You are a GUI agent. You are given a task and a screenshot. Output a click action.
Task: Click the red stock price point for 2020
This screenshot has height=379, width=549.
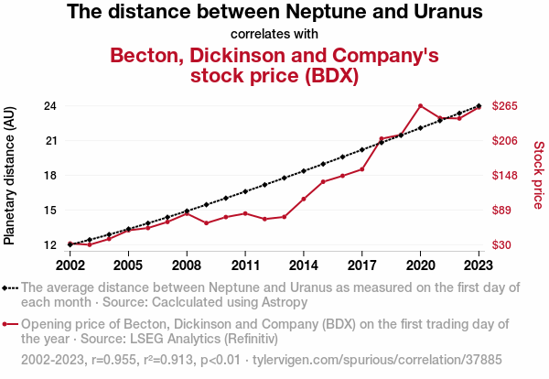point(420,106)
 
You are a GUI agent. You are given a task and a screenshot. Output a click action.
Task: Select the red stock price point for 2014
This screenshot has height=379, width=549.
point(304,199)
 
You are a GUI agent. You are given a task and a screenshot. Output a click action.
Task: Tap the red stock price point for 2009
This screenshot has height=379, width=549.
point(207,222)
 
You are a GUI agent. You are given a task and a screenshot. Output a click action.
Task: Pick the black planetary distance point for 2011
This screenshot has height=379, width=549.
point(245,191)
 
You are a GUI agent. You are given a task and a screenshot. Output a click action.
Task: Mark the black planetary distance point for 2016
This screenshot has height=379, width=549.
point(342,157)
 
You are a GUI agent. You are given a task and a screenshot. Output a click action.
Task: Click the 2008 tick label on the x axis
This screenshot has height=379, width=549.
point(187,265)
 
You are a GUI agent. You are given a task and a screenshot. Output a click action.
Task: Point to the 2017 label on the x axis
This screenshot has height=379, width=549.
point(361,265)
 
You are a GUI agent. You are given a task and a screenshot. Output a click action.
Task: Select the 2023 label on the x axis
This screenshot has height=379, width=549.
point(479,265)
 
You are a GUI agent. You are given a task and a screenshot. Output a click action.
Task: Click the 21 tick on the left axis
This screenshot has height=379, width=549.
point(50,141)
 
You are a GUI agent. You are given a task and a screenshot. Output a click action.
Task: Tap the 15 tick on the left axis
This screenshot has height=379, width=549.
point(50,211)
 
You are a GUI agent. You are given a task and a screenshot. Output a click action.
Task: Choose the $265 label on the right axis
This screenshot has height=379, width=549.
point(505,106)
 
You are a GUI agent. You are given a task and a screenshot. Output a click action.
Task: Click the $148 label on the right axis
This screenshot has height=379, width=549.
point(505,176)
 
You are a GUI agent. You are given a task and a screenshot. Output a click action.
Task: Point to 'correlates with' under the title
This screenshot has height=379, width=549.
point(274,34)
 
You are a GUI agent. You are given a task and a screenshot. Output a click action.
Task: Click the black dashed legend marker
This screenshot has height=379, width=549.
point(10,287)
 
